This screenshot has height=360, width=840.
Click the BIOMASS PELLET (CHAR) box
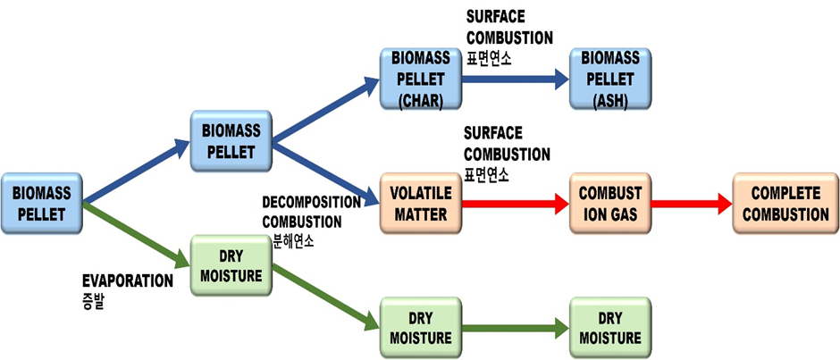tap(418, 78)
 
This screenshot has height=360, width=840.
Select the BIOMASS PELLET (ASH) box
tap(610, 78)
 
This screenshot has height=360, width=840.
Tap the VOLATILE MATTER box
tap(418, 204)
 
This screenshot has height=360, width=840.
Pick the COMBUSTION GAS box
tap(610, 204)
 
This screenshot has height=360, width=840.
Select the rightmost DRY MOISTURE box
tap(610, 328)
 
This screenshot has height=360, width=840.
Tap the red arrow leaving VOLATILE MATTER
tap(513, 204)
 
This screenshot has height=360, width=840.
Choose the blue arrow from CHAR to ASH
tap(513, 79)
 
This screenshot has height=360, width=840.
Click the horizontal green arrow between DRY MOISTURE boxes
tap(513, 328)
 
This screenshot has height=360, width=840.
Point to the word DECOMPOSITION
tap(311, 202)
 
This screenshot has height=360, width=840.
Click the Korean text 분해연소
tap(296, 240)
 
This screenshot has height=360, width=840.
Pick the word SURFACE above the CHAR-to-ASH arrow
tap(494, 18)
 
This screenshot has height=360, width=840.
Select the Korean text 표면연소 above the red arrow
tap(486, 172)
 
